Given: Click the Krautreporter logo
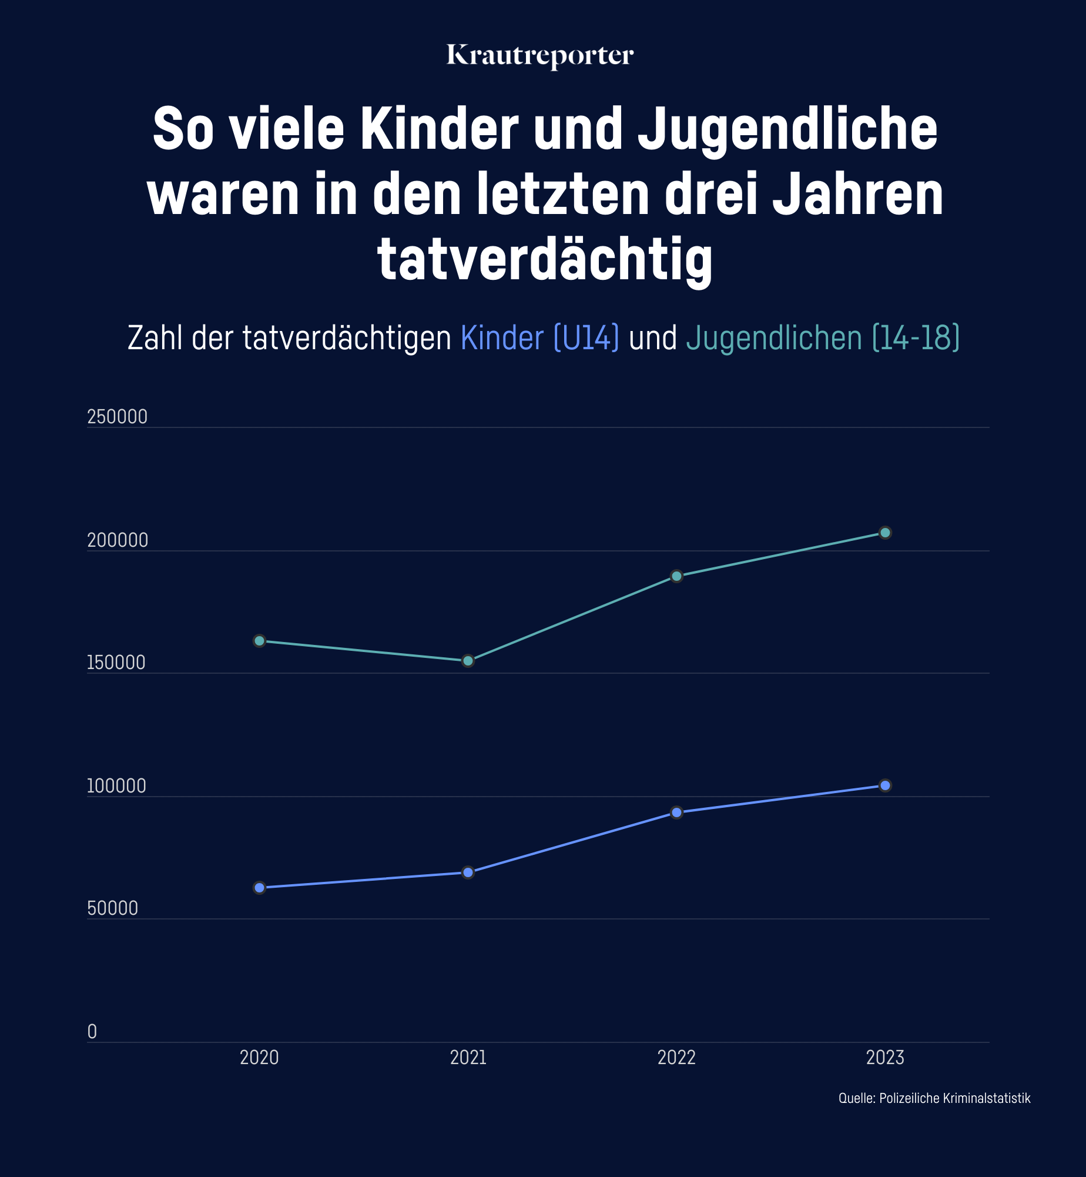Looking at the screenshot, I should click(x=539, y=56).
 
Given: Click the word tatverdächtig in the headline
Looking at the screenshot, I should click(x=545, y=259).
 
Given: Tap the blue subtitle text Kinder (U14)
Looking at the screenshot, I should click(x=539, y=338).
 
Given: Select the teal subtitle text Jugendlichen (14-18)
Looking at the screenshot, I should click(x=823, y=338).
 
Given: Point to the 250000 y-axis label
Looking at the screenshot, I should click(x=117, y=417).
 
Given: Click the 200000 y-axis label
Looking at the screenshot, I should click(x=118, y=540).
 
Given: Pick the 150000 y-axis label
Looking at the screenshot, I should click(x=116, y=663).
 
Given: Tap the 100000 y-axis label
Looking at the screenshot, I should click(x=116, y=786).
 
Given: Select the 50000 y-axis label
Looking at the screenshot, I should click(x=112, y=908).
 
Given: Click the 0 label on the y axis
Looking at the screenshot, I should click(x=92, y=1032).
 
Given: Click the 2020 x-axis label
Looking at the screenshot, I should click(x=259, y=1058).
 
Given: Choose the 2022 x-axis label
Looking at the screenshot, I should click(x=676, y=1058).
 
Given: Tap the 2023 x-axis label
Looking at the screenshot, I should click(x=885, y=1058).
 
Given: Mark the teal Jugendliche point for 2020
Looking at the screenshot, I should click(x=259, y=641).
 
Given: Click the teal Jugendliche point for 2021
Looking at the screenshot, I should click(x=468, y=661).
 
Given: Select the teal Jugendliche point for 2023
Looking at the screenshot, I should click(x=885, y=533).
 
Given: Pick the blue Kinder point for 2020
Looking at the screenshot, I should click(x=259, y=888).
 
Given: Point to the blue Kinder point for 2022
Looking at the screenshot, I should click(x=676, y=812).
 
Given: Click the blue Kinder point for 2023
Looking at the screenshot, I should click(x=885, y=785).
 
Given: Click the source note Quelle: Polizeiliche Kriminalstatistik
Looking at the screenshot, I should click(x=934, y=1098).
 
